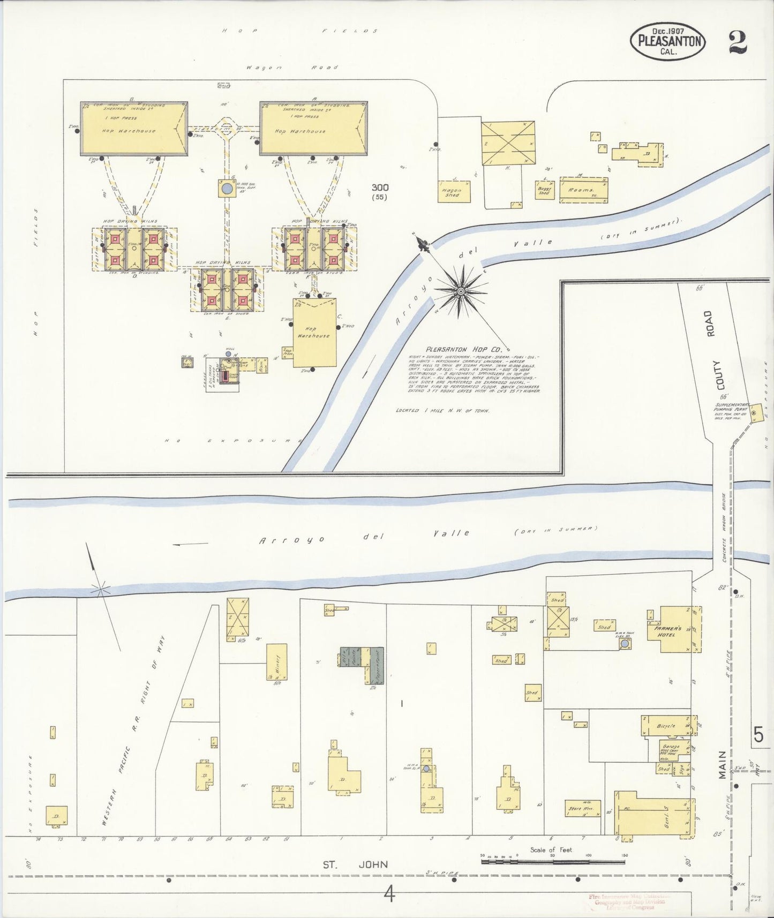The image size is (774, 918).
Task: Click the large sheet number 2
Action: pos(738,41)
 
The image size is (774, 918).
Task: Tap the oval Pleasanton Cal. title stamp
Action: pos(668,41)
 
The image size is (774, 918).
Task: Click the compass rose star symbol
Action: pos(460,291)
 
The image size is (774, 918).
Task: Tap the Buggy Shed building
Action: pos(544,190)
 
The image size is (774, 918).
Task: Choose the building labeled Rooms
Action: pos(583,191)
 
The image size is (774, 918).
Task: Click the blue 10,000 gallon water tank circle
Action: pos(227,189)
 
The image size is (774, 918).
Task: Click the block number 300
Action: pos(380,187)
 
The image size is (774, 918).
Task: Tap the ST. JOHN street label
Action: pos(355,864)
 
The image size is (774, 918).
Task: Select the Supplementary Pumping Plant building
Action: pos(755,413)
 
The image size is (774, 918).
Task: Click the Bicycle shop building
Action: pos(666,726)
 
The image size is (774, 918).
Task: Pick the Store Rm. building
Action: pos(582,809)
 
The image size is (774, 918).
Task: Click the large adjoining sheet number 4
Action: pos(389,893)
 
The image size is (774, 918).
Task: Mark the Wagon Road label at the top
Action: pos(292,67)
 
